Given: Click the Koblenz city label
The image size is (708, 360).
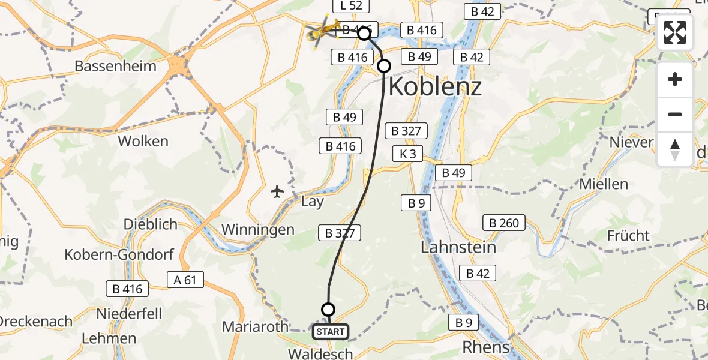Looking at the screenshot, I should tap(435, 87).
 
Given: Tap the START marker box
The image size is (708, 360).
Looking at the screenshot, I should tap(330, 332).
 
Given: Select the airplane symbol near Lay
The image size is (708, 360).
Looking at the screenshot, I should tap(277, 192).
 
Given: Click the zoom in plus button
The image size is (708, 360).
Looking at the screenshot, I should tap(675, 79).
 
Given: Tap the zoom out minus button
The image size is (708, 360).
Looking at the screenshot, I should tap(675, 114).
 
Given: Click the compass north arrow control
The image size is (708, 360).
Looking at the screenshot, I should tap(675, 149).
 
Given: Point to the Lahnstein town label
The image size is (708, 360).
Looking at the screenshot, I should tap(458, 247).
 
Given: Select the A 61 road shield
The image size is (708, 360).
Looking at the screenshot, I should tap(185, 280).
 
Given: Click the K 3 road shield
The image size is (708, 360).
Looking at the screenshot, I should tap(407, 154).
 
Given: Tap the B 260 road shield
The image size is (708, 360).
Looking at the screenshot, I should tap(505, 223).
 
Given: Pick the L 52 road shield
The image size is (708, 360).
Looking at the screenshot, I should tap(351, 6).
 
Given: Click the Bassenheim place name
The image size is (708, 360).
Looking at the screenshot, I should tap(115, 66).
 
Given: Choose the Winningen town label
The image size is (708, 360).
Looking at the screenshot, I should tap(258, 229).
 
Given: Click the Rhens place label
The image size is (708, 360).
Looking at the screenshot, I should tap(486, 347).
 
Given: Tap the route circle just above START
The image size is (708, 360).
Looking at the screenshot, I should tap(328, 310).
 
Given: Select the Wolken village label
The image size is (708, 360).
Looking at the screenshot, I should tap(143, 142).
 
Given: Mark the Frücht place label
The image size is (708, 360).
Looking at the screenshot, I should tap(628, 235).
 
